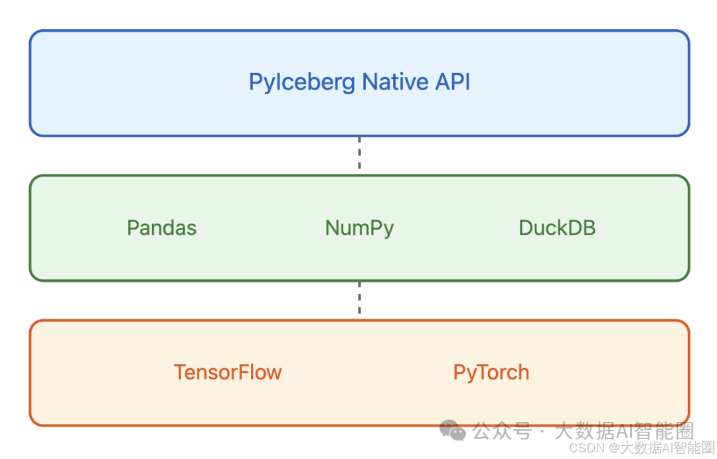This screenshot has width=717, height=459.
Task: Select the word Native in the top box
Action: coord(396,82)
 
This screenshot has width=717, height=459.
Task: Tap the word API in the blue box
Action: coord(453,82)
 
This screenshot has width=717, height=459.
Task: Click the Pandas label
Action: coord(162,228)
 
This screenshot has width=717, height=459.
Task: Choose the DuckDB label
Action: coord(557,228)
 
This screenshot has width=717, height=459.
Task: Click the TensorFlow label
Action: coord(228,372)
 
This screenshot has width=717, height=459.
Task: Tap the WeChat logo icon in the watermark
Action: coord(453,430)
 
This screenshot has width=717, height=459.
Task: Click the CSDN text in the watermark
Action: coord(587,448)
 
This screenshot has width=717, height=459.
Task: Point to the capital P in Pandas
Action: coord(133,228)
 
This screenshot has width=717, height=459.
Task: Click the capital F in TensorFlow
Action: coord(244,372)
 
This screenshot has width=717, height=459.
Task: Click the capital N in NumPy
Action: coord(333,228)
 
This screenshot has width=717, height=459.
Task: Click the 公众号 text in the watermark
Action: coord(502,430)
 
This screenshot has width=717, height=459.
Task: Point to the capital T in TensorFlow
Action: coord(181,372)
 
